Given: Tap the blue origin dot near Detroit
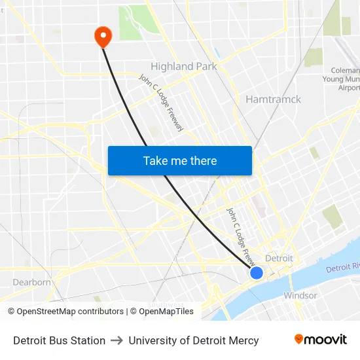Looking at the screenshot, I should point(257,272).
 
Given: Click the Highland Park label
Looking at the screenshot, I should point(184,66).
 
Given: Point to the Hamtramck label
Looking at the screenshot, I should point(273,99).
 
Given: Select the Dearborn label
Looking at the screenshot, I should point(31,282).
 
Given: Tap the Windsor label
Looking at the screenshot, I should point(300,295).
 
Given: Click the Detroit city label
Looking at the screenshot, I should point(279,258).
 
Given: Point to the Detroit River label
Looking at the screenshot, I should point(342,268).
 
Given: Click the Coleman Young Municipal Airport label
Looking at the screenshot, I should point(345,79).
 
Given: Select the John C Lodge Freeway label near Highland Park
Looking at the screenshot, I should point(162,103).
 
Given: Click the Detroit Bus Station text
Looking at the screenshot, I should point(59,340).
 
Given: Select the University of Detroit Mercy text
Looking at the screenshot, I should point(194,340).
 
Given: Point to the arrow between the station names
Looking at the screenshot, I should point(117,340).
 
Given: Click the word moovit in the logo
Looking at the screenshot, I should point(325,340).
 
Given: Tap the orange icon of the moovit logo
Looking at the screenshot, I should point(299,339).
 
